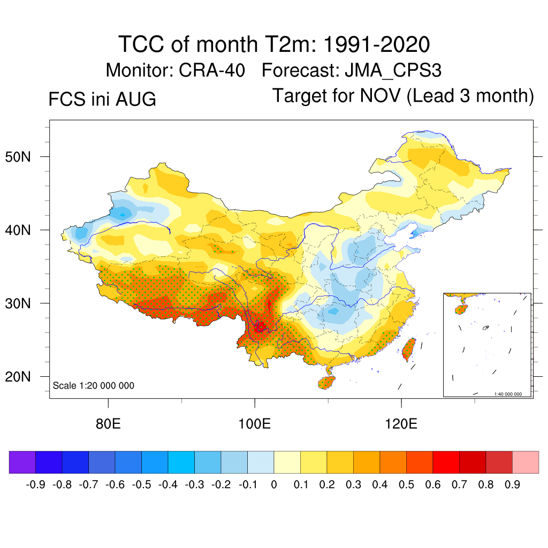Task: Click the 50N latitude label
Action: [x=18, y=157]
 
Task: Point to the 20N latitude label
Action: [x=18, y=377]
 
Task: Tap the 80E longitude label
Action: [x=108, y=424]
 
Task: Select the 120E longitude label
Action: [x=401, y=424]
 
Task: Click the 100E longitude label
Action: [x=254, y=424]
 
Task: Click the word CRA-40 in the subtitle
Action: [x=212, y=70]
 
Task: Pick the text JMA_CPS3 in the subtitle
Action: [x=393, y=71]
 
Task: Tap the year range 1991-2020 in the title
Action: [x=376, y=44]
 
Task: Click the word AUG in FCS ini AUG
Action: [x=136, y=99]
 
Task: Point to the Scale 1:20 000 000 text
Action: [x=93, y=385]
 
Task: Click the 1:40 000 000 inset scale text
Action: [x=508, y=394]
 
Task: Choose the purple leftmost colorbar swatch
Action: [x=22, y=462]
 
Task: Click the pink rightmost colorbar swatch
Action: [x=526, y=462]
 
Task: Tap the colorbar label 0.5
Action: [x=406, y=484]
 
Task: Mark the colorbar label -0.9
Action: [x=36, y=484]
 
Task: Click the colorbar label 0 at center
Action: [x=274, y=484]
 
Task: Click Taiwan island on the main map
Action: [x=409, y=349]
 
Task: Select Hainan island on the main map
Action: [x=326, y=382]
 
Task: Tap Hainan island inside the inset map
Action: [x=461, y=310]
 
